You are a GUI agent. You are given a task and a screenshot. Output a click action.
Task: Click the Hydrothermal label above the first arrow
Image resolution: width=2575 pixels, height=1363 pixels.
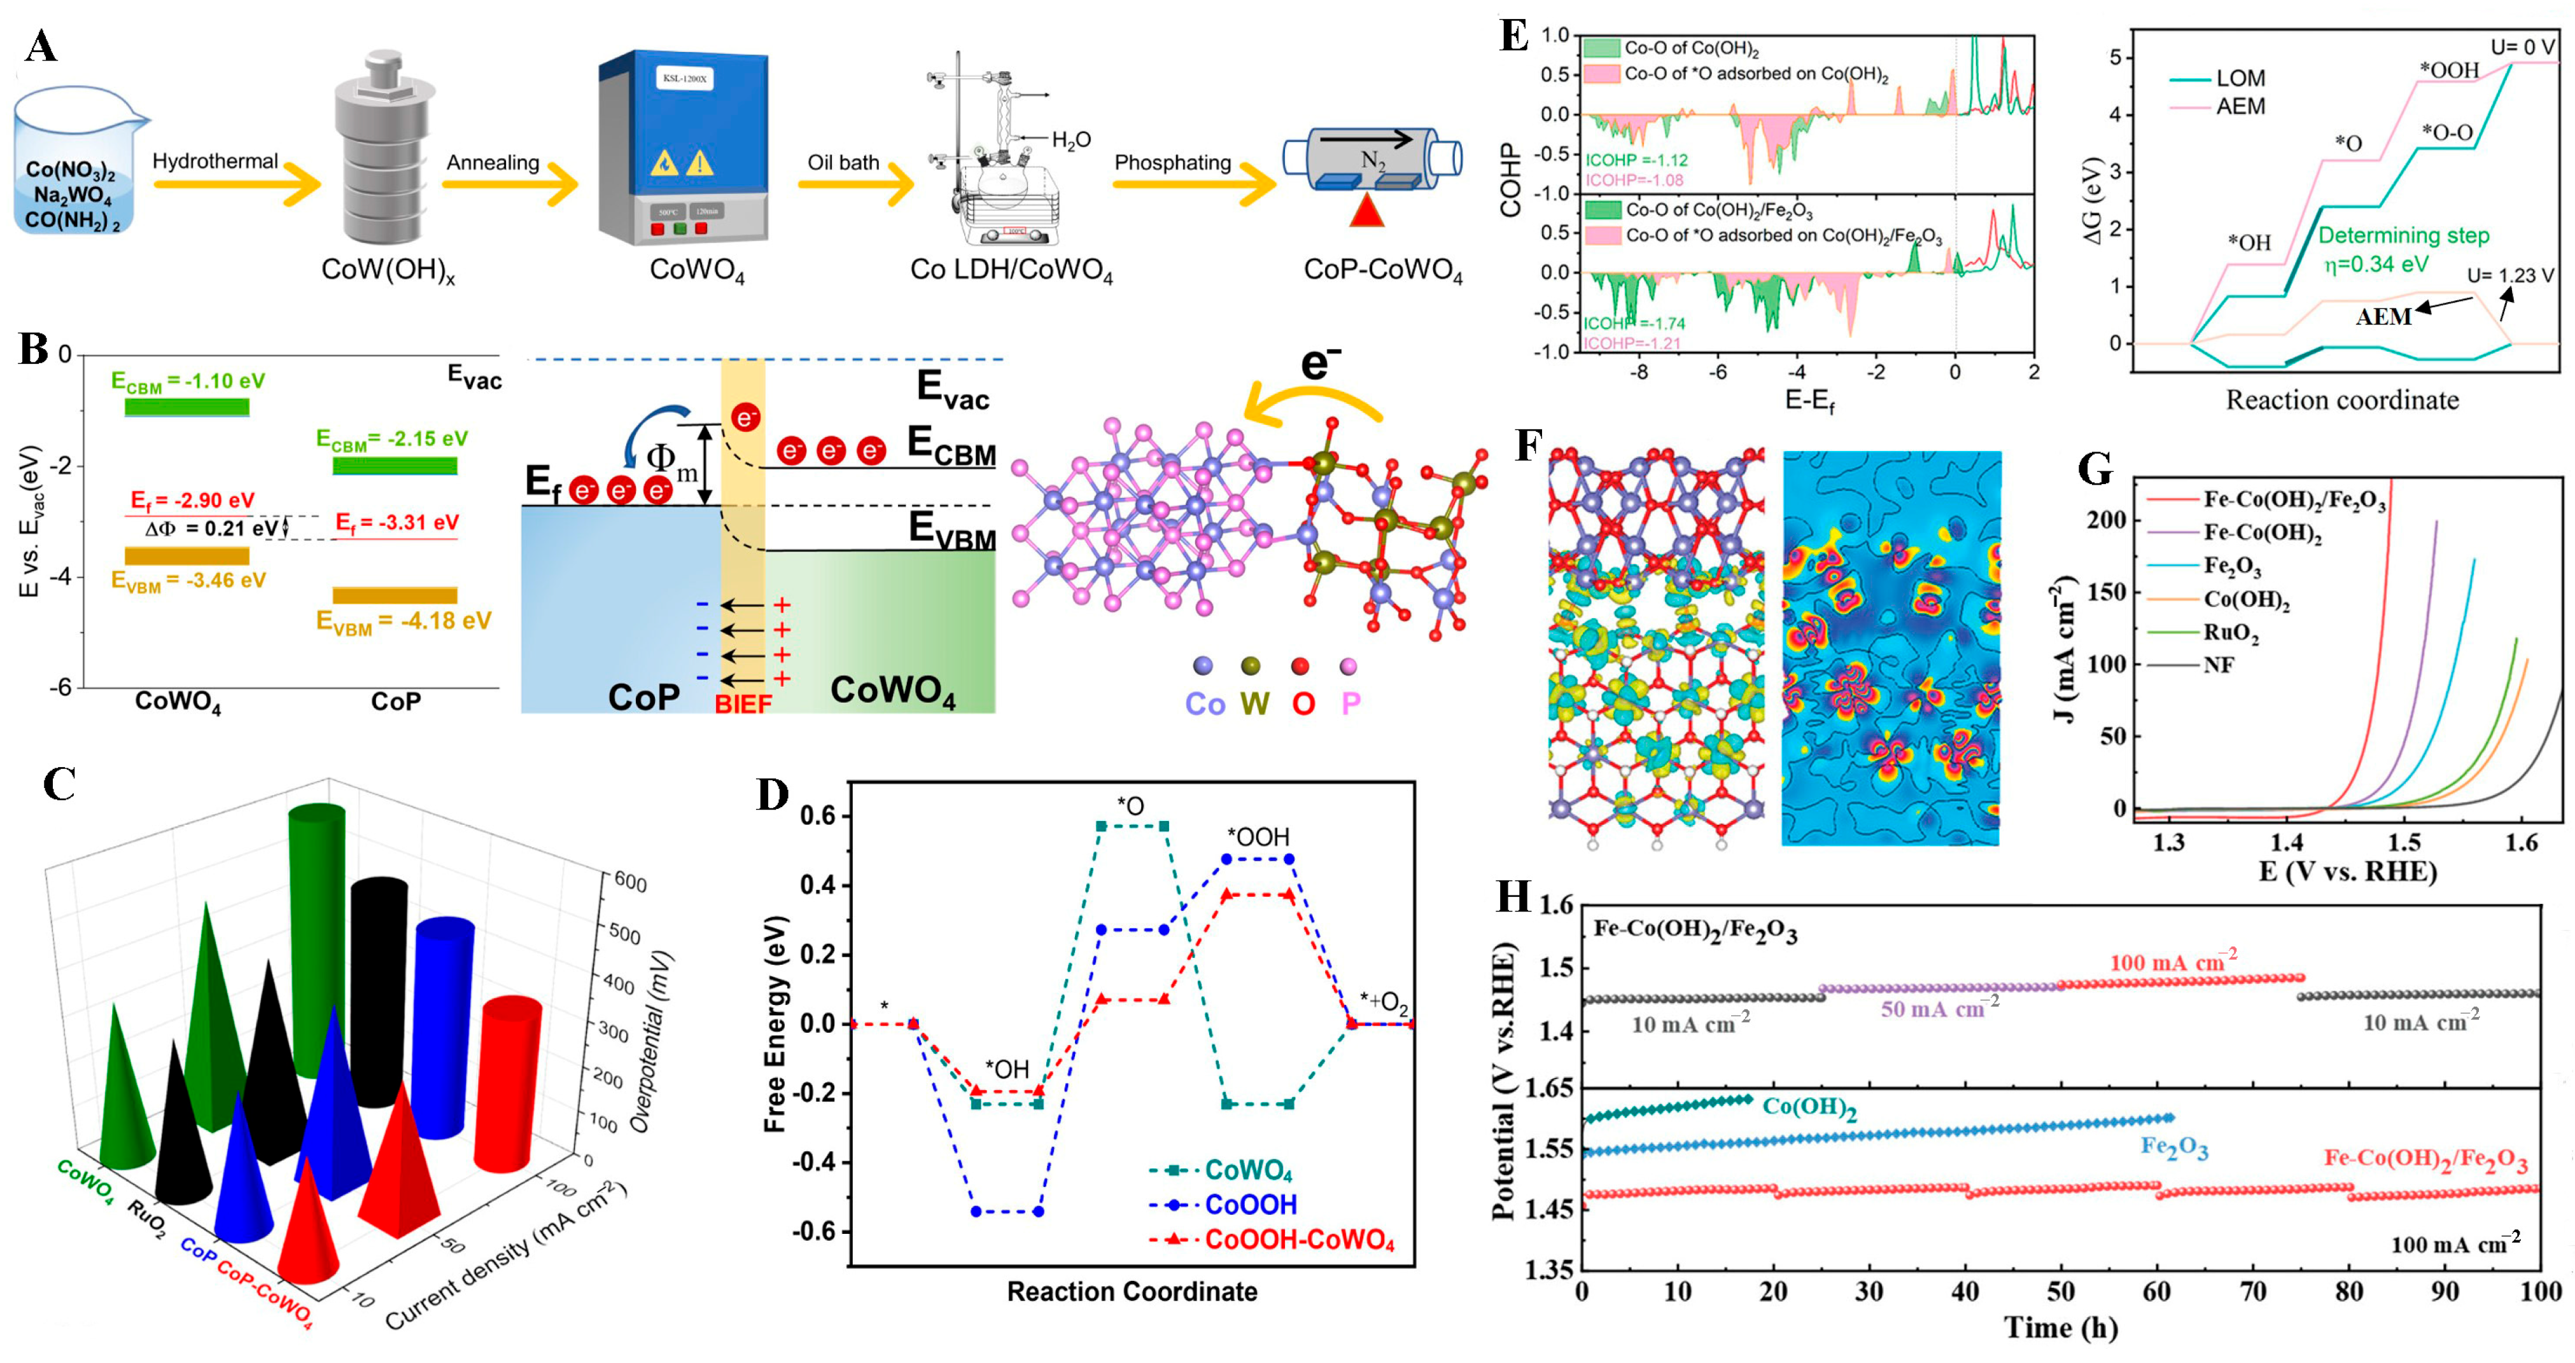215,161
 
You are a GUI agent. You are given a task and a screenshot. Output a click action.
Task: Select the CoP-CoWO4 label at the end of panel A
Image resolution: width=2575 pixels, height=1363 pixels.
1382,271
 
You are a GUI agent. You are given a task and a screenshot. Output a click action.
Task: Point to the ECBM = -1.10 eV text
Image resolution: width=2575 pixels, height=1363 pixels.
188,382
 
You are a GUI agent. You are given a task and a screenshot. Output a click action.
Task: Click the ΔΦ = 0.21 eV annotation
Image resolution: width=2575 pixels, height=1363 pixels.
211,529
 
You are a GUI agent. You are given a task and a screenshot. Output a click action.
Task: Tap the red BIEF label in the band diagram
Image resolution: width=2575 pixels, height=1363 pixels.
743,703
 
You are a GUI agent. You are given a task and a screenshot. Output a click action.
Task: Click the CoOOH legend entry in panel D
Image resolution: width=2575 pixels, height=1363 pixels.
1249,1204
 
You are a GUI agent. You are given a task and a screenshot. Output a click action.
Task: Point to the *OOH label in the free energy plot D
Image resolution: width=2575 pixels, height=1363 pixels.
1258,838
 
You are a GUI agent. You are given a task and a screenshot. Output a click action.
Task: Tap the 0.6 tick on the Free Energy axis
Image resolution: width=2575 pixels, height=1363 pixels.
818,817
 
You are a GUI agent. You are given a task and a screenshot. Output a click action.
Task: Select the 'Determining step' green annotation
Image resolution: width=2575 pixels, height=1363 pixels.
2403,236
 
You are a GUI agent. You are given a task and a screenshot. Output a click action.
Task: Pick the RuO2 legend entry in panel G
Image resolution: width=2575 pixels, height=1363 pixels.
2230,633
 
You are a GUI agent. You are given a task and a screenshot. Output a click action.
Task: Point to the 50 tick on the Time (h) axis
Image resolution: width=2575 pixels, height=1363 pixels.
2060,1291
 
